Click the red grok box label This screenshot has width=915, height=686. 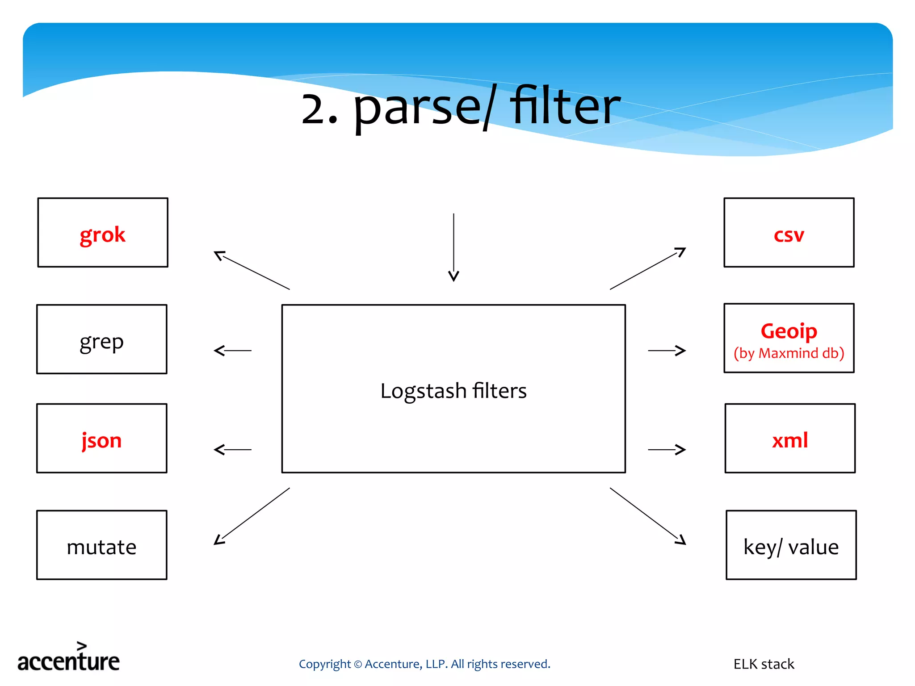pyautogui.click(x=102, y=234)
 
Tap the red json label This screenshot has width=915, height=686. pyautogui.click(x=101, y=440)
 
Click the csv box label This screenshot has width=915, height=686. pyautogui.click(x=789, y=234)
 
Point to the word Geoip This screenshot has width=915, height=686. pyautogui.click(x=789, y=331)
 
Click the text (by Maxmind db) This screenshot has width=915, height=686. pyautogui.click(x=789, y=353)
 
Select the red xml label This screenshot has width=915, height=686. pyautogui.click(x=789, y=440)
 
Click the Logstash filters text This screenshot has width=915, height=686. pyautogui.click(x=453, y=391)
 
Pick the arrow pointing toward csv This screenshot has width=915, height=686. pyautogui.click(x=648, y=268)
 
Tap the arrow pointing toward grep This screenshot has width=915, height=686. pyautogui.click(x=232, y=351)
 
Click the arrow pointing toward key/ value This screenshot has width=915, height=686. pyautogui.click(x=648, y=516)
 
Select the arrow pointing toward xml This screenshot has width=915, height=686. pyautogui.click(x=667, y=449)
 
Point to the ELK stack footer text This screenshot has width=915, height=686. pyautogui.click(x=764, y=664)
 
